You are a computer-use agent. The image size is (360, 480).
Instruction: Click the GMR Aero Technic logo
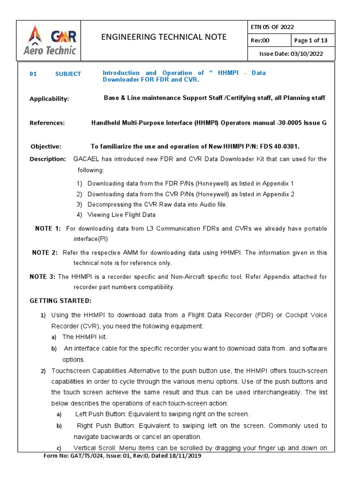(50, 40)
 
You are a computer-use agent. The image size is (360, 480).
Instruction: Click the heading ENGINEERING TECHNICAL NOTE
(164, 37)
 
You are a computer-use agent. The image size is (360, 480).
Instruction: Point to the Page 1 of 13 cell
(311, 40)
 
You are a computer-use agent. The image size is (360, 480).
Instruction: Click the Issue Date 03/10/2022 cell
(291, 54)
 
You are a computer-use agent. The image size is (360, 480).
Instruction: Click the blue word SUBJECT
(67, 74)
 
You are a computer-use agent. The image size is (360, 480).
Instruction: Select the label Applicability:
(49, 99)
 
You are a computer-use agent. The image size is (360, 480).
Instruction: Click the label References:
(47, 123)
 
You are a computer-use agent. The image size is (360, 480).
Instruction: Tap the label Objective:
(46, 147)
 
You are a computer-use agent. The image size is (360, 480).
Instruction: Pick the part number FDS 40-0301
(279, 147)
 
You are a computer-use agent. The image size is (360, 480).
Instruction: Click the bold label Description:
(48, 159)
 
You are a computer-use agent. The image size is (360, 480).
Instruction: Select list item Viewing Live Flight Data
(121, 215)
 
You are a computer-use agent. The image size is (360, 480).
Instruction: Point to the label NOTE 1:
(48, 228)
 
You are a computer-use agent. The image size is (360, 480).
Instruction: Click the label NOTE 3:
(42, 277)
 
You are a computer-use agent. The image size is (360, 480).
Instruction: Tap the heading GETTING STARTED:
(61, 300)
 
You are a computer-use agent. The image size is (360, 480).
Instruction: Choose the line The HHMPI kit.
(81, 337)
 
